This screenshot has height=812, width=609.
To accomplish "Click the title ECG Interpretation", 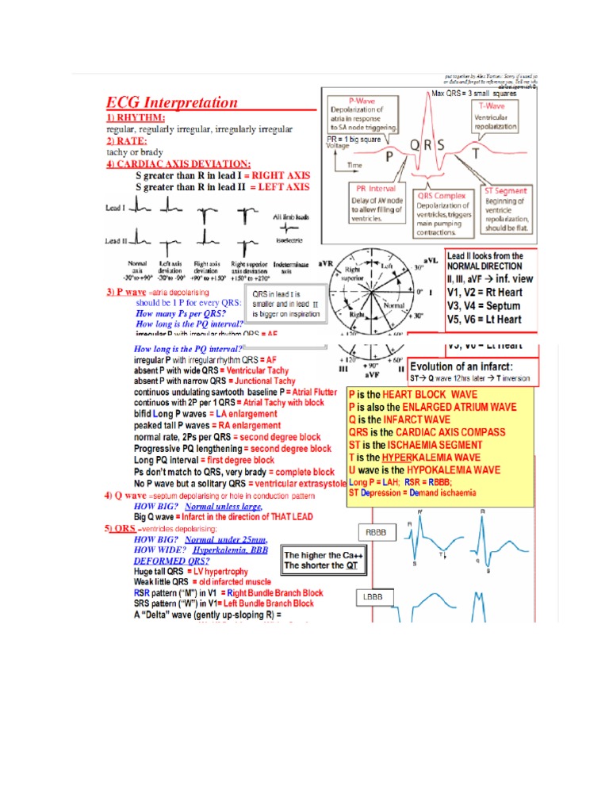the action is [x=172, y=102].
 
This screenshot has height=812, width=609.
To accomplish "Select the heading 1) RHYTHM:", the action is [x=136, y=117].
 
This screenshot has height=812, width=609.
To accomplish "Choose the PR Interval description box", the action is [x=377, y=205].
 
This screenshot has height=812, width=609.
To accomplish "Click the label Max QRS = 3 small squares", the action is [x=474, y=94].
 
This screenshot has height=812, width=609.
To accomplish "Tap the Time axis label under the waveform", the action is [x=356, y=165].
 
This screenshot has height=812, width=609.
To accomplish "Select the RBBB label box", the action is [x=376, y=534].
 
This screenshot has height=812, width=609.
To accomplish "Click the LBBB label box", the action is [x=373, y=596].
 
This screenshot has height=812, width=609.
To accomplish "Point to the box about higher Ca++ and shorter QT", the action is [x=314, y=561].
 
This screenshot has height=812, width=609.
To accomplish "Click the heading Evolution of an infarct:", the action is [x=461, y=366].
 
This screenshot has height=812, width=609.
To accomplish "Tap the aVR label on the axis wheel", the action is [x=324, y=262].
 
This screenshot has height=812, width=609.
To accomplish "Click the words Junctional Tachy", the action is [x=265, y=381].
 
